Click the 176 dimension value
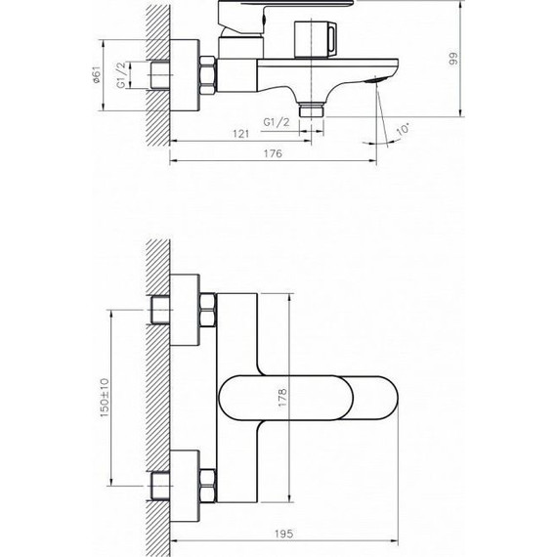(273, 154)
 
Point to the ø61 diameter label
(98, 74)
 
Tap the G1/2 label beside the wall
(121, 74)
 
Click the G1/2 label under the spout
(277, 120)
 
